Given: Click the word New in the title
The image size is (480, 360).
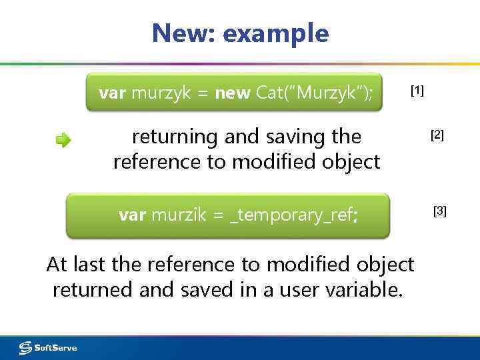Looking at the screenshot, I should (x=181, y=33).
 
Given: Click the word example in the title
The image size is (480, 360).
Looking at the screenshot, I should (x=276, y=33).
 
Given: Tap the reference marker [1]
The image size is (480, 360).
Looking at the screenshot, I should (x=417, y=91).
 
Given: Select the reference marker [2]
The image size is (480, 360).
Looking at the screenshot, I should (x=437, y=135).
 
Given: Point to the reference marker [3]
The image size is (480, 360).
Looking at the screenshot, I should (x=440, y=211).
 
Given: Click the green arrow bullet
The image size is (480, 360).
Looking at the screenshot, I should (x=63, y=140).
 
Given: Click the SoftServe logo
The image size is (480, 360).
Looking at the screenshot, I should (x=48, y=347).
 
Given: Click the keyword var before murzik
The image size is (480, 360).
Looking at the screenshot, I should (x=132, y=215).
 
